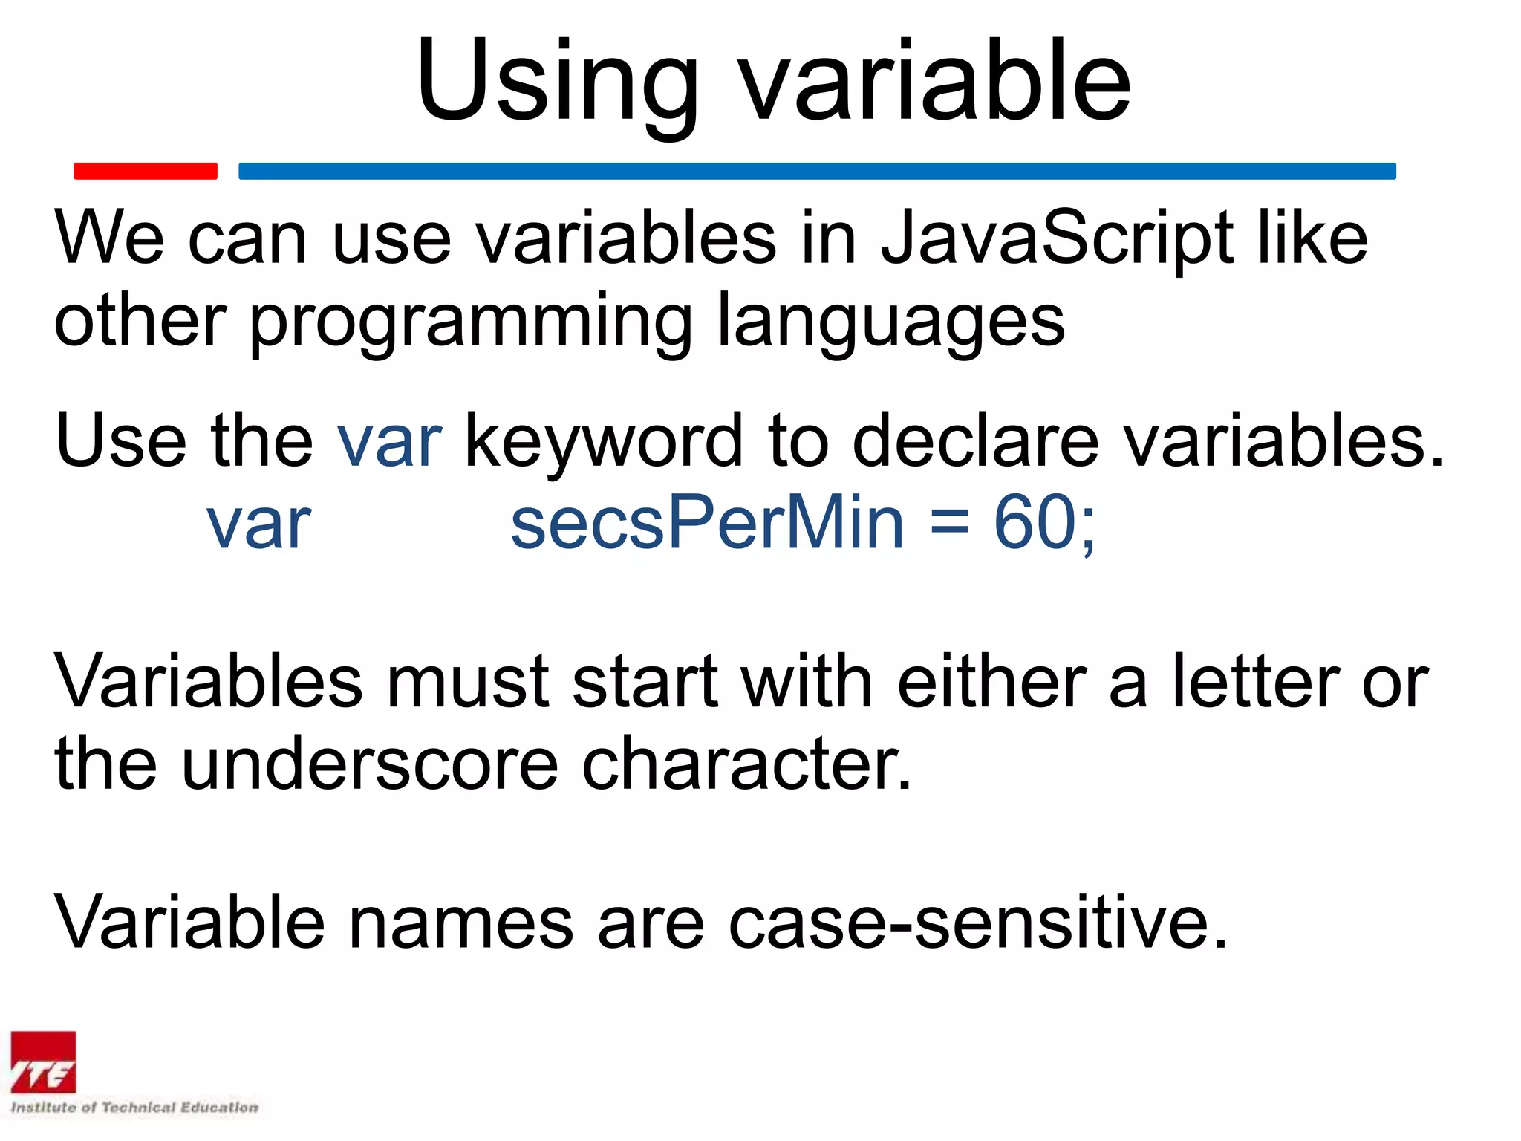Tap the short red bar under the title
coord(146,171)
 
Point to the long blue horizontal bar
coord(817,171)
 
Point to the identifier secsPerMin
coord(707,524)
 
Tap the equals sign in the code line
coord(950,524)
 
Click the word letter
coord(1256,682)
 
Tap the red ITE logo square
coord(43,1062)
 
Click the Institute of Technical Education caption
coord(134,1108)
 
